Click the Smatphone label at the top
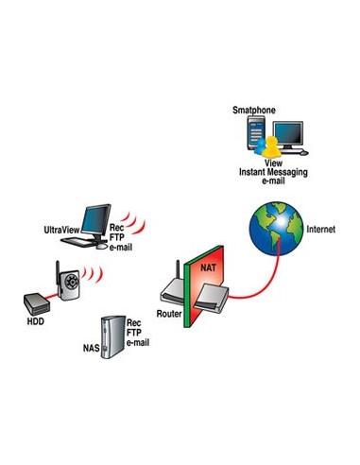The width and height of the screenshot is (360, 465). coord(253,111)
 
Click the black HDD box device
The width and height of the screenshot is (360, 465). coord(37,302)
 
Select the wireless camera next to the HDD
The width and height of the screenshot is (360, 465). coord(67,284)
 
